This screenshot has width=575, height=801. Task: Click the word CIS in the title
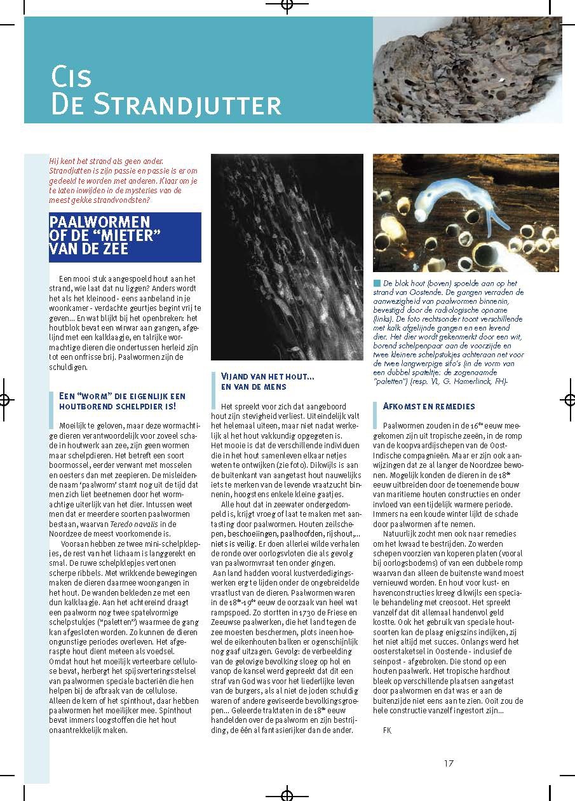tap(71, 77)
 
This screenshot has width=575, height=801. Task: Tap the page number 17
tap(449, 763)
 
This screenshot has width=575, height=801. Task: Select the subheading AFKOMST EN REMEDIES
tap(429, 406)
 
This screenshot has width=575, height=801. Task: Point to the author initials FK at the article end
tap(387, 730)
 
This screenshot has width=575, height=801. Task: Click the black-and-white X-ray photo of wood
tap(287, 257)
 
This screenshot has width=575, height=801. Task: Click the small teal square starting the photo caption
tap(377, 282)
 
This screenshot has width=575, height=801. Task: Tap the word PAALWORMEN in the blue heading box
tap(98, 221)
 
